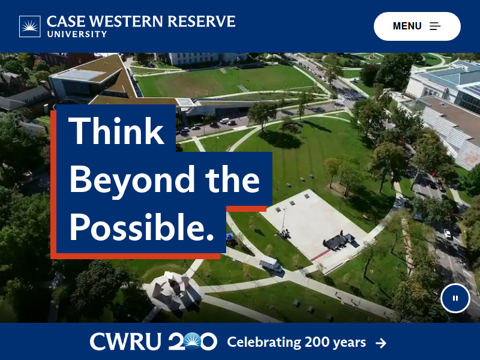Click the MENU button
coord(417,26)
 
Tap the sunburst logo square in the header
coord(29,26)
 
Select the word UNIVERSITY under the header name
coord(77,34)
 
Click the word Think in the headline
coord(116,131)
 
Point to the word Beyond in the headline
coord(132,180)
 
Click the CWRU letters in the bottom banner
coord(125,341)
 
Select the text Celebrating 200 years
coord(296,343)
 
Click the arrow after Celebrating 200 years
coord(381,343)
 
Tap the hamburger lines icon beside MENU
coord(435,26)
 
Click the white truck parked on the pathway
coord(271,265)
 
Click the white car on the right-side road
coord(448,234)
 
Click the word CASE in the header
coord(66,22)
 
